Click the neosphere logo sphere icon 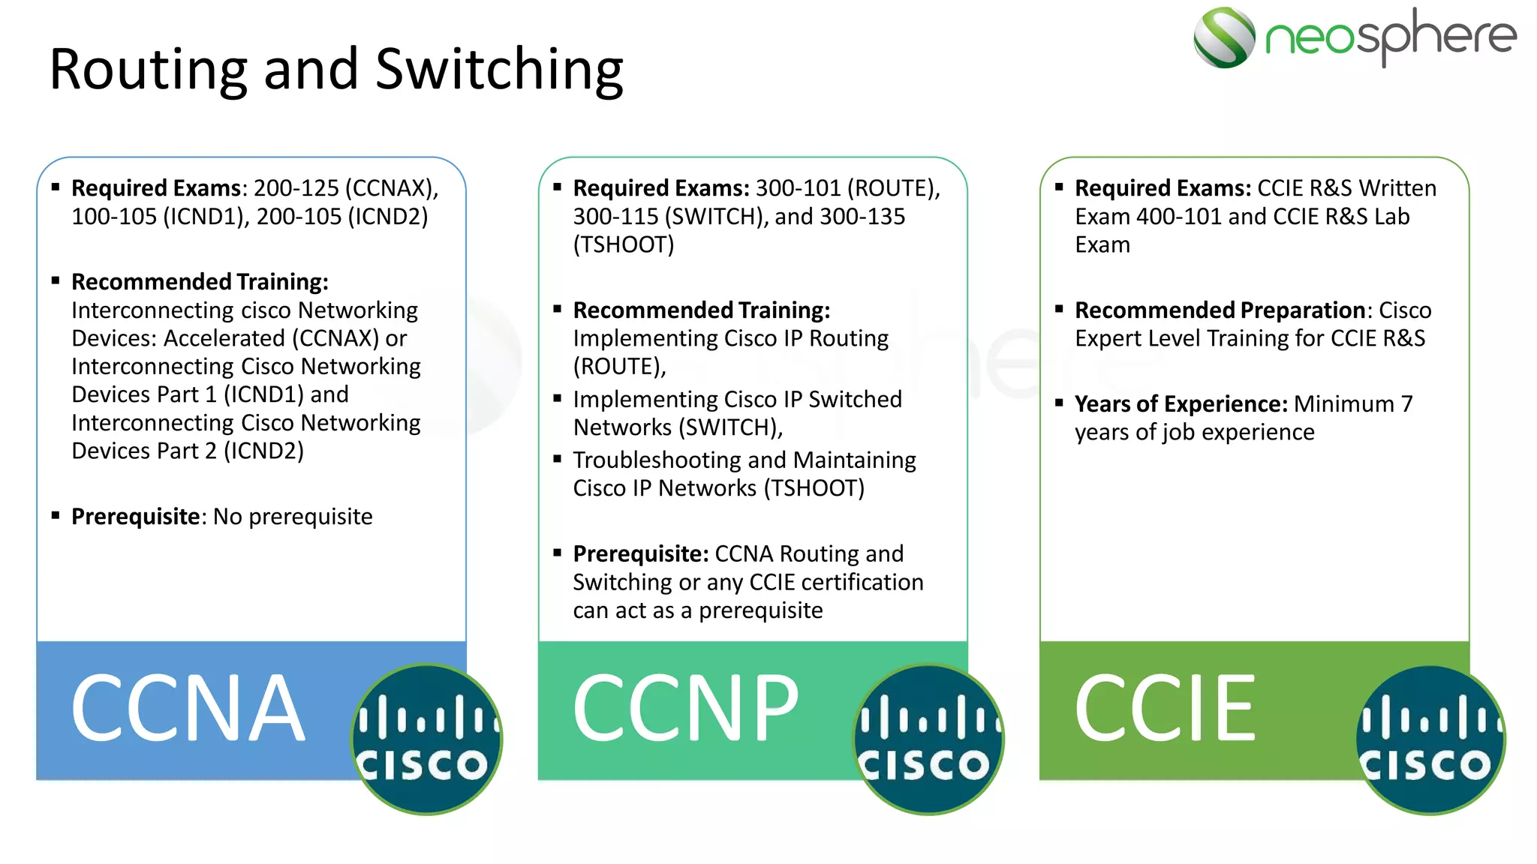tap(1223, 37)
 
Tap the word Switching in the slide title tap(499, 69)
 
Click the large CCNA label tap(188, 708)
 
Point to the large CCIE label tap(1165, 708)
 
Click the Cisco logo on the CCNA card tap(426, 739)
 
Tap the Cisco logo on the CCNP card tap(928, 739)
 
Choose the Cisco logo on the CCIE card tap(1430, 739)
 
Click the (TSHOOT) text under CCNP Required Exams tap(624, 245)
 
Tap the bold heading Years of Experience tap(1181, 404)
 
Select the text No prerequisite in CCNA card tap(293, 517)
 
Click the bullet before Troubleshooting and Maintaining tap(557, 459)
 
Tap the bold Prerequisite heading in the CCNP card tap(640, 554)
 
